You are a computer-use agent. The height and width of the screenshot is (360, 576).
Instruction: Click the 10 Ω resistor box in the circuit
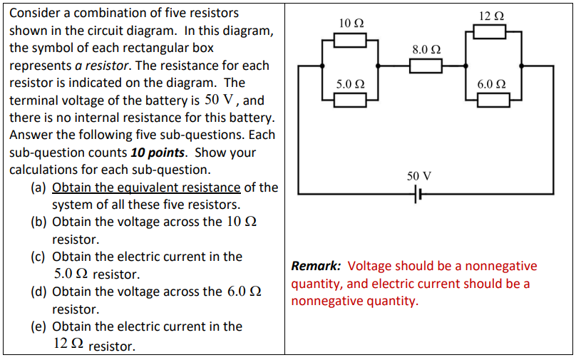pyautogui.click(x=350, y=39)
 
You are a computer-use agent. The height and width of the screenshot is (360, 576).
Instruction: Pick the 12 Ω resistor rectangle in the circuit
pyautogui.click(x=490, y=31)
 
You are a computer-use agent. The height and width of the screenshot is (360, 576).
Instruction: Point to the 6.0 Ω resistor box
pyautogui.click(x=493, y=99)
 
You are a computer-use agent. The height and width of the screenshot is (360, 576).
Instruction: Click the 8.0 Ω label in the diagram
pyautogui.click(x=426, y=50)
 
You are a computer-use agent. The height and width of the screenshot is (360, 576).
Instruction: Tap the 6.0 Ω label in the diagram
pyautogui.click(x=493, y=83)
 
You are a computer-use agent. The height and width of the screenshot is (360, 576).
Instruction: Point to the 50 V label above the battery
pyautogui.click(x=418, y=175)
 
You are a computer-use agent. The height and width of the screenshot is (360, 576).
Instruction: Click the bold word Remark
pyautogui.click(x=317, y=266)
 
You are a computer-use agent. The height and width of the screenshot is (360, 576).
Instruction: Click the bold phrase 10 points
pyautogui.click(x=158, y=153)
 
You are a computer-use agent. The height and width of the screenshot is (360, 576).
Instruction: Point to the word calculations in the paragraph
pyautogui.click(x=42, y=170)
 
